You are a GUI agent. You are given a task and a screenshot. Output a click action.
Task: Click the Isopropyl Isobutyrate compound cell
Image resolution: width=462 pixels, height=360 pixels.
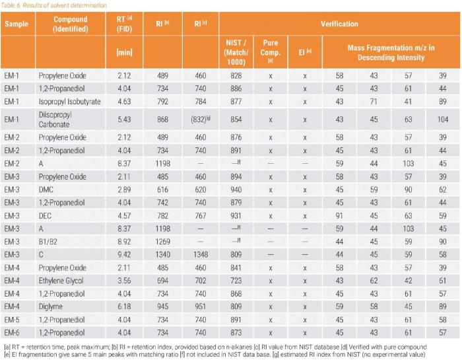pyautogui.click(x=69, y=102)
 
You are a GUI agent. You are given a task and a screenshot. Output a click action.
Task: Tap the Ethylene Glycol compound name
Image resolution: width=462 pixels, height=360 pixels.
pyautogui.click(x=61, y=281)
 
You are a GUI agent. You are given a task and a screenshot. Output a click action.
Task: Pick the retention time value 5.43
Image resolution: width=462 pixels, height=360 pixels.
pyautogui.click(x=124, y=120)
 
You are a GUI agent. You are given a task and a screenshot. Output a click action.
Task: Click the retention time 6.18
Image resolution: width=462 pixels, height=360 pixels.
pyautogui.click(x=124, y=306)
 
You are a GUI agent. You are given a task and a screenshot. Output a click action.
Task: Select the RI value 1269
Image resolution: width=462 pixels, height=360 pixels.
pyautogui.click(x=162, y=242)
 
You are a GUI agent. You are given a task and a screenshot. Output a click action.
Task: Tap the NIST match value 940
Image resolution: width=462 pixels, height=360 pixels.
pyautogui.click(x=236, y=190)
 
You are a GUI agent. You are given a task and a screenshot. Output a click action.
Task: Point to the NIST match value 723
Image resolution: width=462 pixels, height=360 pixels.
pyautogui.click(x=236, y=281)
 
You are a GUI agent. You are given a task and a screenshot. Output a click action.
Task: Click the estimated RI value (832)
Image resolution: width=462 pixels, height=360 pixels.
pyautogui.click(x=201, y=120)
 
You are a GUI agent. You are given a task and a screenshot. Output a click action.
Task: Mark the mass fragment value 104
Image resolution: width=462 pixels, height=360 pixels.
pyautogui.click(x=443, y=120)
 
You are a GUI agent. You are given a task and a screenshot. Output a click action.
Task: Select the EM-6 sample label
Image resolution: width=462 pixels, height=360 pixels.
pyautogui.click(x=11, y=332)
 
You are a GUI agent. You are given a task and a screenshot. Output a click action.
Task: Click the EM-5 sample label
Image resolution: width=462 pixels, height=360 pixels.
pyautogui.click(x=11, y=320)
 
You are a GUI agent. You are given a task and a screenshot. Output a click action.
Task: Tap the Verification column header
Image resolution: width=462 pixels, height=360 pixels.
pyautogui.click(x=339, y=24)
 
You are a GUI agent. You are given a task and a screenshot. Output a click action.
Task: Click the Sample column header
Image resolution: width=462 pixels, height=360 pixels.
pyautogui.click(x=16, y=24)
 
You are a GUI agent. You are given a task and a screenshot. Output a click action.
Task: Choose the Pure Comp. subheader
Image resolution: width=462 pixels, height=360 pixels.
pyautogui.click(x=271, y=51)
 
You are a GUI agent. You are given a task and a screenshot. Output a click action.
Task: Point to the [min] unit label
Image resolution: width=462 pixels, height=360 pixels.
pyautogui.click(x=124, y=52)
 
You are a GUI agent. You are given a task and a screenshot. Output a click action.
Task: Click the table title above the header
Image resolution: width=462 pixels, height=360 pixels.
pyautogui.click(x=53, y=5)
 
